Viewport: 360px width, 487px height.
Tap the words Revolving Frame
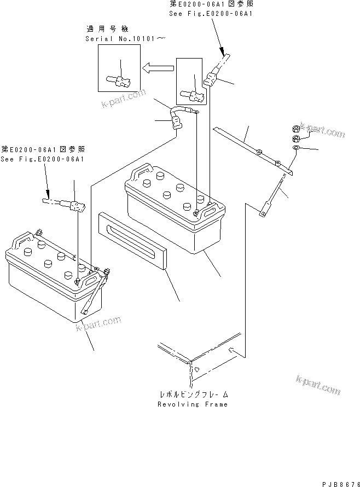pyautogui.click(x=192, y=404)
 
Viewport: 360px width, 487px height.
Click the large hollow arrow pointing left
pyautogui.click(x=158, y=68)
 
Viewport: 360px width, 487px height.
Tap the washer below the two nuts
pyautogui.click(x=295, y=148)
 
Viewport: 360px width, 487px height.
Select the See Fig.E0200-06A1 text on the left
pyautogui.click(x=42, y=159)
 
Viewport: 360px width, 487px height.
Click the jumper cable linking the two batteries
pyautogui.click(x=177, y=119)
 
